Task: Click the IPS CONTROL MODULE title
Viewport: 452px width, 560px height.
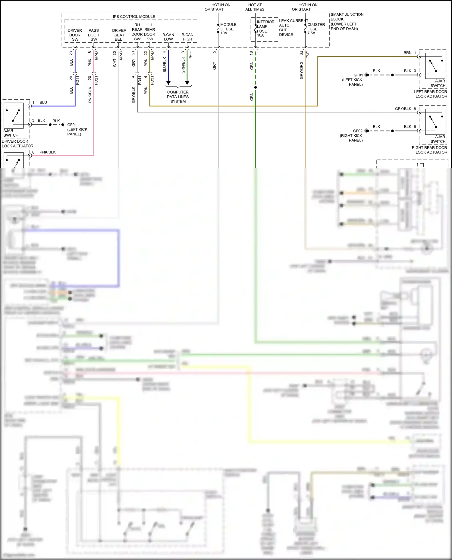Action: [x=134, y=17]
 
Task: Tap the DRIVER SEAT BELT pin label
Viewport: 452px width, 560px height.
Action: [x=119, y=35]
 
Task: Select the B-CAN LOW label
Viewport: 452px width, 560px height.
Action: [x=168, y=37]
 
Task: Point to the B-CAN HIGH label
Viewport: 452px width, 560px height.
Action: [x=187, y=37]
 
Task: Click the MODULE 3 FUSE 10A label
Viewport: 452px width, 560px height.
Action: [x=228, y=29]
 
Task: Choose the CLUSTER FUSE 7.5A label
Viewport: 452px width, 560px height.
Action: [x=316, y=29]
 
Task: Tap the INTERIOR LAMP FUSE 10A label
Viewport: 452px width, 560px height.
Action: [x=265, y=29]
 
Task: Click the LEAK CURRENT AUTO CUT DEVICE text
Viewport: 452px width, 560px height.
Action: [x=293, y=28]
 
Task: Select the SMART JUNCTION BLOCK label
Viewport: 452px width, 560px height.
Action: [x=347, y=22]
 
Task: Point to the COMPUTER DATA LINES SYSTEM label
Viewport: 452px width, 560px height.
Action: [x=178, y=97]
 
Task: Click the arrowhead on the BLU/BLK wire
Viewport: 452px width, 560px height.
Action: [x=168, y=83]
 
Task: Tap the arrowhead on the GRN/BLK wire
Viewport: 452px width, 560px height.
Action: [x=187, y=83]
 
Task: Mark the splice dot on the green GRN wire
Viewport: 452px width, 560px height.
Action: [x=256, y=88]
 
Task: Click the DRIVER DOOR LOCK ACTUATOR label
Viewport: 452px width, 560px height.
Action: [x=17, y=144]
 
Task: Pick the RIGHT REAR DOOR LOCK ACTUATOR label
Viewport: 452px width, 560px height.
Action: [x=429, y=150]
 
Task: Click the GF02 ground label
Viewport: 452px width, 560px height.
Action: [x=358, y=131]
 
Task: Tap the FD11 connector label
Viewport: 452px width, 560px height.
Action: [x=78, y=80]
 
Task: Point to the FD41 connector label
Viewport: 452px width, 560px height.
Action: [x=140, y=80]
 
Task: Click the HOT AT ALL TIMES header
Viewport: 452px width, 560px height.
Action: [x=255, y=7]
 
